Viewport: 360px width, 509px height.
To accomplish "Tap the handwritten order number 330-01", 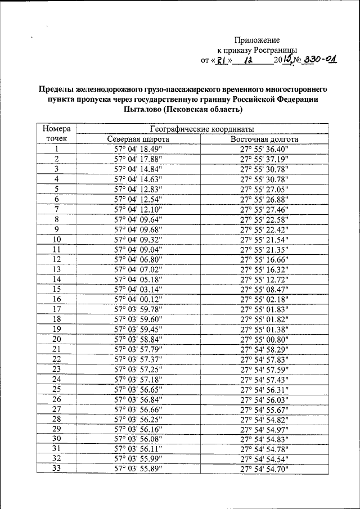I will pos(319,60).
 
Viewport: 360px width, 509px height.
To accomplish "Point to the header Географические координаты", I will pos(201,129).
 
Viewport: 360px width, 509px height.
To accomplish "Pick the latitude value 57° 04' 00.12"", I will pos(138,299).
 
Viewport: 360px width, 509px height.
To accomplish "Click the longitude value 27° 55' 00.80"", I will pos(264,339).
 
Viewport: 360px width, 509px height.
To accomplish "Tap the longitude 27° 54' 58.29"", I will pos(264,349).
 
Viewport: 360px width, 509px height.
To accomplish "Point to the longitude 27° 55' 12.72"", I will pos(264,280).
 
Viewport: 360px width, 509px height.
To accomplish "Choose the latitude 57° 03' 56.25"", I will pos(138,419).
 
